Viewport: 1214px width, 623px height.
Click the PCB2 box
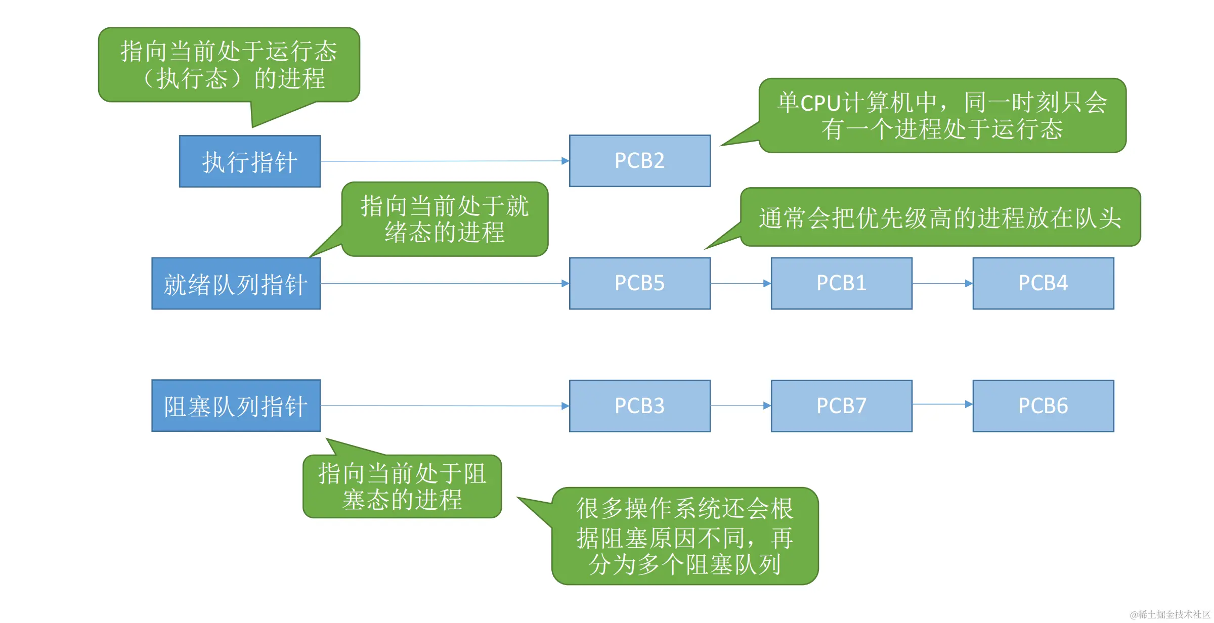pyautogui.click(x=639, y=161)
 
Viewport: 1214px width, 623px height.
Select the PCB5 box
pyautogui.click(x=639, y=283)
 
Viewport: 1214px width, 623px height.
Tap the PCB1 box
pyautogui.click(x=841, y=283)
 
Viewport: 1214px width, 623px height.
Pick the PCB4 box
pyautogui.click(x=1043, y=283)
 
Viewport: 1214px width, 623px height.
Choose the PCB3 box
pyautogui.click(x=639, y=406)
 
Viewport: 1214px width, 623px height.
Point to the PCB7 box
pyautogui.click(x=841, y=406)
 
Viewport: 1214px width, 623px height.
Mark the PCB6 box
pyautogui.click(x=1043, y=406)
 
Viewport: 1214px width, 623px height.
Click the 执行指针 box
pyautogui.click(x=250, y=161)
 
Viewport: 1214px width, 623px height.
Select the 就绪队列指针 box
pyautogui.click(x=236, y=283)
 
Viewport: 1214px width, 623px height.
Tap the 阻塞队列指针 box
pyautogui.click(x=236, y=406)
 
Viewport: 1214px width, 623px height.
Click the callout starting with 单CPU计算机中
pyautogui.click(x=942, y=115)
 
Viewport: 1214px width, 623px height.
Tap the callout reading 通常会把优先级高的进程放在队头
pyautogui.click(x=940, y=217)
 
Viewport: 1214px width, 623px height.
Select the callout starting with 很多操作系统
pyautogui.click(x=684, y=536)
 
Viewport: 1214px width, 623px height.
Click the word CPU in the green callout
pyautogui.click(x=820, y=103)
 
